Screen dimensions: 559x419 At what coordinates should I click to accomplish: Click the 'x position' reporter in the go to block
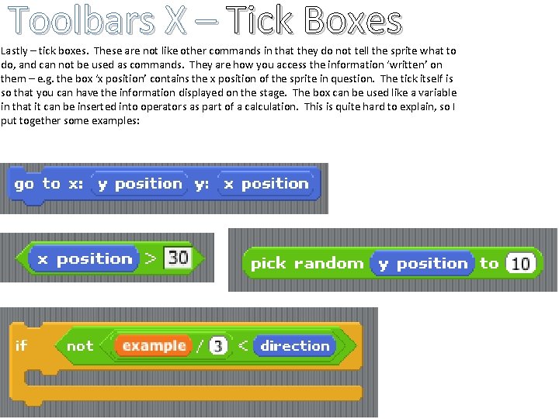pyautogui.click(x=266, y=184)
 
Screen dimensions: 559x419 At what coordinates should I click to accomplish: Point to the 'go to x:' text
pyautogui.click(x=48, y=184)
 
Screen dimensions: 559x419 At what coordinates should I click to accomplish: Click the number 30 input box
pyautogui.click(x=178, y=258)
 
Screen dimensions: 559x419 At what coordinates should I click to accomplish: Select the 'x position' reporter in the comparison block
pyautogui.click(x=84, y=258)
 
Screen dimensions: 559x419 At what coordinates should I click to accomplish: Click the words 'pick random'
pyautogui.click(x=307, y=264)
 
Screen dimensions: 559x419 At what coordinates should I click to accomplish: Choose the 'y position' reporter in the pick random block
pyautogui.click(x=422, y=264)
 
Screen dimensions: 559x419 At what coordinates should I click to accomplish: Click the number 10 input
pyautogui.click(x=520, y=264)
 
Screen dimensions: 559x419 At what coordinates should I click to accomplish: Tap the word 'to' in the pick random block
pyautogui.click(x=489, y=264)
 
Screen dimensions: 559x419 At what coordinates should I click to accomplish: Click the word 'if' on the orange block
pyautogui.click(x=21, y=345)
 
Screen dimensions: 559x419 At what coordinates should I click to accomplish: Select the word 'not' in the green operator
pyautogui.click(x=79, y=346)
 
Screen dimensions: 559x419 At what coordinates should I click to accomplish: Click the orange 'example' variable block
pyautogui.click(x=154, y=346)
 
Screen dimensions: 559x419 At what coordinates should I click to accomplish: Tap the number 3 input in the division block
pyautogui.click(x=218, y=346)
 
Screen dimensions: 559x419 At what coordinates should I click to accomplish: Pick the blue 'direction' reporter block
pyautogui.click(x=294, y=346)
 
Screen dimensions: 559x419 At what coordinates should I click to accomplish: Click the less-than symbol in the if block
pyautogui.click(x=242, y=346)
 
